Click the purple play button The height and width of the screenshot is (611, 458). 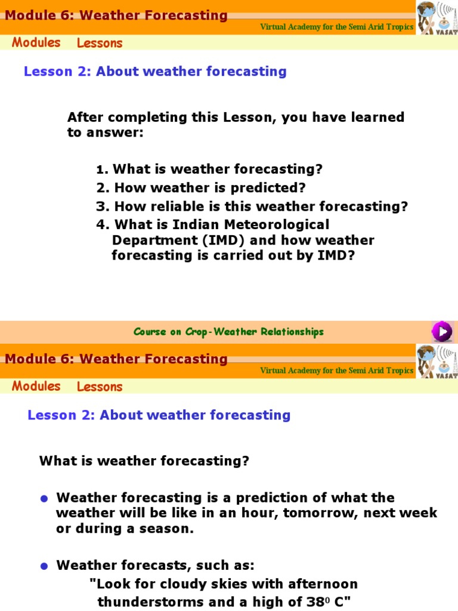click(x=442, y=331)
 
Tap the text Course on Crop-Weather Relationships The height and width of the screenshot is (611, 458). click(x=228, y=332)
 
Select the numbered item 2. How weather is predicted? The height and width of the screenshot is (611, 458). click(x=201, y=188)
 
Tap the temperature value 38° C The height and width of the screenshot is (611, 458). click(x=322, y=601)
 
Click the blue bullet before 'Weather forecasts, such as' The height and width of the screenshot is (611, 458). click(x=44, y=566)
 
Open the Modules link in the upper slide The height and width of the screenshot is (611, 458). click(x=36, y=42)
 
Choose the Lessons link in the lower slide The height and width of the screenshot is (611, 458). click(x=100, y=387)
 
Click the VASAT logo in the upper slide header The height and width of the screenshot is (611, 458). click(x=437, y=18)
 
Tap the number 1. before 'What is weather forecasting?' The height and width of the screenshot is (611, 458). click(x=102, y=170)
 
